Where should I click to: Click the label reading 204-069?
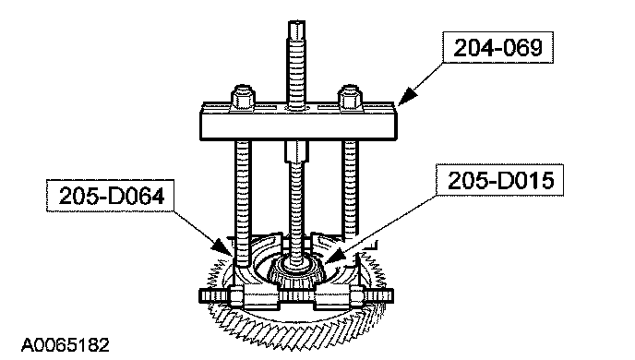[x=497, y=48]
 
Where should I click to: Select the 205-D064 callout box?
[x=110, y=196]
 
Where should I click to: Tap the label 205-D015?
[x=500, y=181]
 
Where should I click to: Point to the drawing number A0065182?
[x=66, y=345]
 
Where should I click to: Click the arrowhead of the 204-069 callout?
[x=408, y=96]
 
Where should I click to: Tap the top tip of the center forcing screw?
[x=297, y=21]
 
